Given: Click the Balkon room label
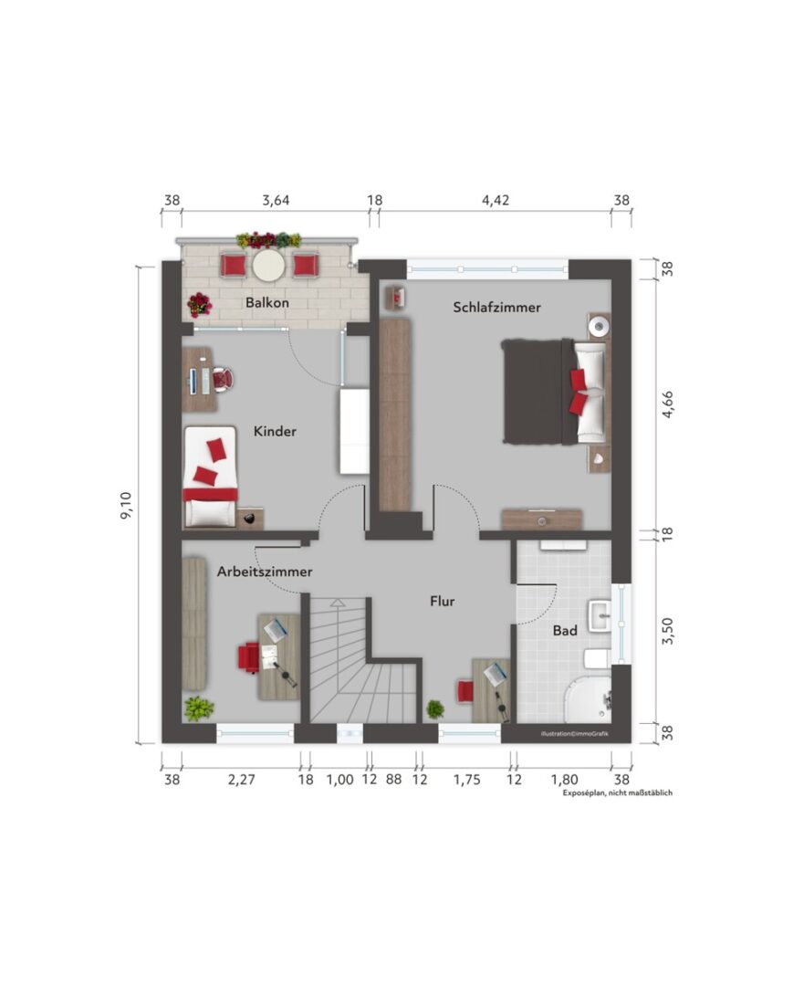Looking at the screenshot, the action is click(x=267, y=302).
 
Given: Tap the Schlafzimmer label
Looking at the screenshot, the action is click(x=497, y=308).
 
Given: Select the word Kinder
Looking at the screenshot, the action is click(x=275, y=431).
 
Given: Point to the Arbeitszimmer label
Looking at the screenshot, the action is click(x=265, y=572).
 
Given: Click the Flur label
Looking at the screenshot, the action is click(x=443, y=601).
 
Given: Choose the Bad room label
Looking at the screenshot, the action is click(x=565, y=630).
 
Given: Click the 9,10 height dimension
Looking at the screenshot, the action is click(x=126, y=505).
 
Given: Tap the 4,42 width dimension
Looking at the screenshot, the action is click(x=496, y=200).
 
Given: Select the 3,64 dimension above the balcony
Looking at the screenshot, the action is click(x=276, y=200).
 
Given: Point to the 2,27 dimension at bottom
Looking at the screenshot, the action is click(x=241, y=780).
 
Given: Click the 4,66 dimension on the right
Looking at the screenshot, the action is click(x=668, y=404).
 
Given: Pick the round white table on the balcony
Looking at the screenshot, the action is click(x=269, y=266).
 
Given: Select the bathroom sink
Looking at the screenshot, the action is click(x=600, y=615).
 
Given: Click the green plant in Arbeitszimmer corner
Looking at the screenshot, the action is click(x=199, y=708).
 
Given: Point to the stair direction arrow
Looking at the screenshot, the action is click(x=338, y=603).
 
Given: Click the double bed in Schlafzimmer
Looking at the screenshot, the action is click(x=556, y=392).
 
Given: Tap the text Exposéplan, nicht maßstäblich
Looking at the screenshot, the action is click(x=617, y=793).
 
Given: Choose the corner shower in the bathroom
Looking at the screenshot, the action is click(x=588, y=700).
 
